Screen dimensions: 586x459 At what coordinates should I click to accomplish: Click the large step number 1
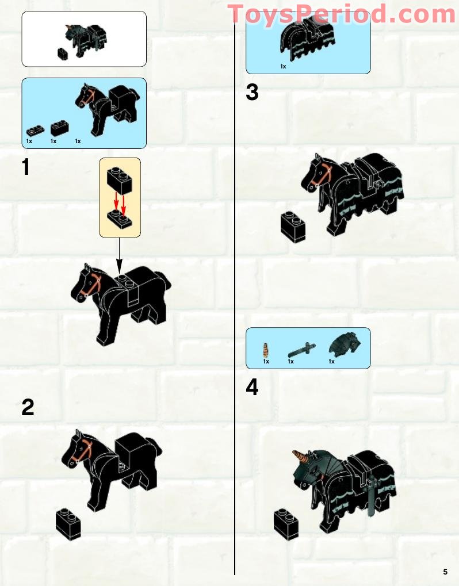tap(25, 167)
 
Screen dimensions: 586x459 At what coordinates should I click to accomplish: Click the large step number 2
tap(28, 407)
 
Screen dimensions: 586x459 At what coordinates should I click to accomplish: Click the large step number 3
tap(252, 93)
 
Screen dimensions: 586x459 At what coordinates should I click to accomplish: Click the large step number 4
tap(252, 388)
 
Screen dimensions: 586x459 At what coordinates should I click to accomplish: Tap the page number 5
tap(445, 572)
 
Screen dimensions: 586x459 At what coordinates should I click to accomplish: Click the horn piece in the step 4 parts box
tap(266, 348)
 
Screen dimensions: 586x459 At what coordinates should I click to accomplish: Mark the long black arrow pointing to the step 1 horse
tap(119, 256)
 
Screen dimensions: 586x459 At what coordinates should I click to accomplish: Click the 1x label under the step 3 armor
tap(283, 67)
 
